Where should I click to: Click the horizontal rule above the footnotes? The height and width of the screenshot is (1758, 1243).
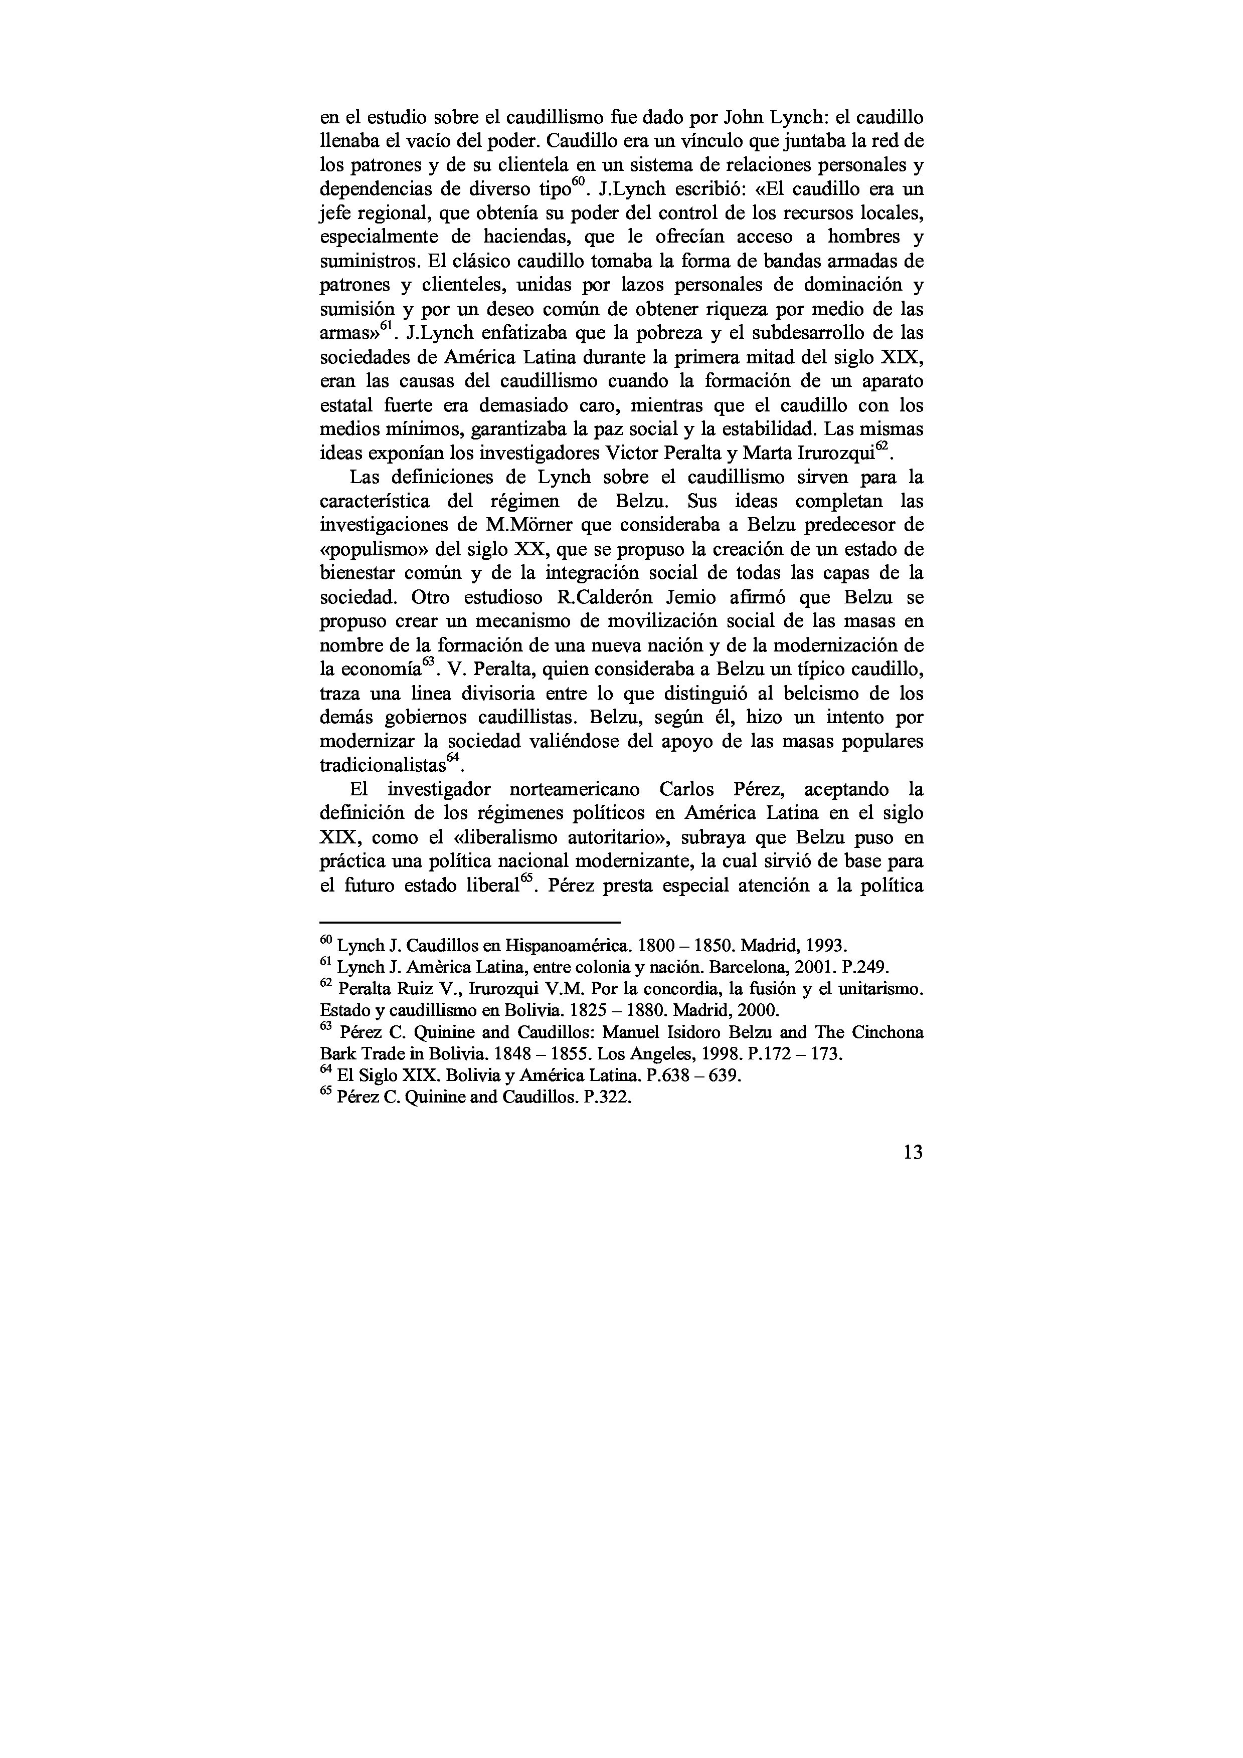pyautogui.click(x=469, y=923)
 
